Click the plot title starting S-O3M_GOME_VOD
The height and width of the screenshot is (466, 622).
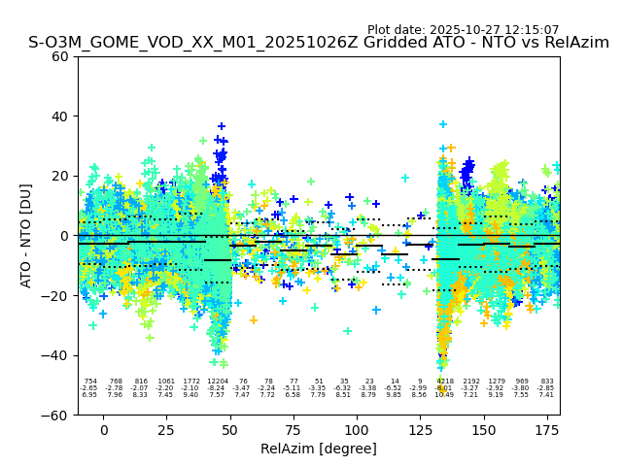coord(319,43)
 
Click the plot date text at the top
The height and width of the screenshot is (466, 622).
coord(463,30)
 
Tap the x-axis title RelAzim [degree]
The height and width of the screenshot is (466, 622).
coord(319,449)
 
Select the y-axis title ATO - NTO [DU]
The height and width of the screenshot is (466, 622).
coord(26,236)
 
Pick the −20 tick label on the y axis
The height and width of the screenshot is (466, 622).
coord(56,296)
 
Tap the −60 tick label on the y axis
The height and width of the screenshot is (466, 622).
coord(56,416)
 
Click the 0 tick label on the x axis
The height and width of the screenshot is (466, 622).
coord(103,429)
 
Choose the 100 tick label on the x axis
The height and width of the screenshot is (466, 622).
coord(357,429)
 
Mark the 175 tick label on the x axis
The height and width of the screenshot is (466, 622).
coord(547,429)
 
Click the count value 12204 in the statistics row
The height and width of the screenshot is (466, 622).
coord(217,382)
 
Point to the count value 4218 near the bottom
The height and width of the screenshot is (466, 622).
coord(445,382)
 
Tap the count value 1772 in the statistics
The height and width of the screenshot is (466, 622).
coord(191,382)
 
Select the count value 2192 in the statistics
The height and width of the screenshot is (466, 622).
coord(470,382)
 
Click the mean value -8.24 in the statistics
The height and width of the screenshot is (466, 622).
coord(217,388)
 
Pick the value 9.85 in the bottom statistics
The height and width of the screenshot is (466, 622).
coord(395,395)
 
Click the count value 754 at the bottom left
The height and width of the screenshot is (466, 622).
coord(89,382)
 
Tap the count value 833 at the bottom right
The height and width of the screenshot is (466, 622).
coord(547,382)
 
